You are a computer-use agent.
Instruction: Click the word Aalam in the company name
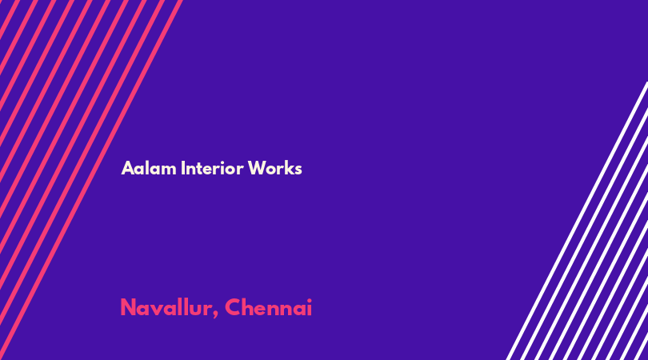tap(149, 168)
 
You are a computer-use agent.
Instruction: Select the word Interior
tap(212, 168)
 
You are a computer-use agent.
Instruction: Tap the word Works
tap(275, 168)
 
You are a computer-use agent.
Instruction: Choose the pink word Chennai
tap(268, 307)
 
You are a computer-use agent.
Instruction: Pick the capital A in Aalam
tap(128, 169)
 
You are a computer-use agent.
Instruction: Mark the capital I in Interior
tap(183, 168)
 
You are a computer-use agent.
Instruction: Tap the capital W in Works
tap(257, 168)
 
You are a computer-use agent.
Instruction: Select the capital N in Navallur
tap(128, 307)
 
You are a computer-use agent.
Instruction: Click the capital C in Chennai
tap(233, 307)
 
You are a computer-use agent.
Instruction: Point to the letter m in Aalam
tap(169, 170)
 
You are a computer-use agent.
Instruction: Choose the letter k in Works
tap(289, 168)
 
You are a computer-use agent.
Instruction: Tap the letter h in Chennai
tap(249, 307)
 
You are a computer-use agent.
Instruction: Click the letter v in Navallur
tap(158, 310)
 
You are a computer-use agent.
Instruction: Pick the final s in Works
tap(298, 170)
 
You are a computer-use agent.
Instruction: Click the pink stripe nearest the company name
tap(91, 180)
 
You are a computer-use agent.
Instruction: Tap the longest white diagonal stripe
tap(577, 221)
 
